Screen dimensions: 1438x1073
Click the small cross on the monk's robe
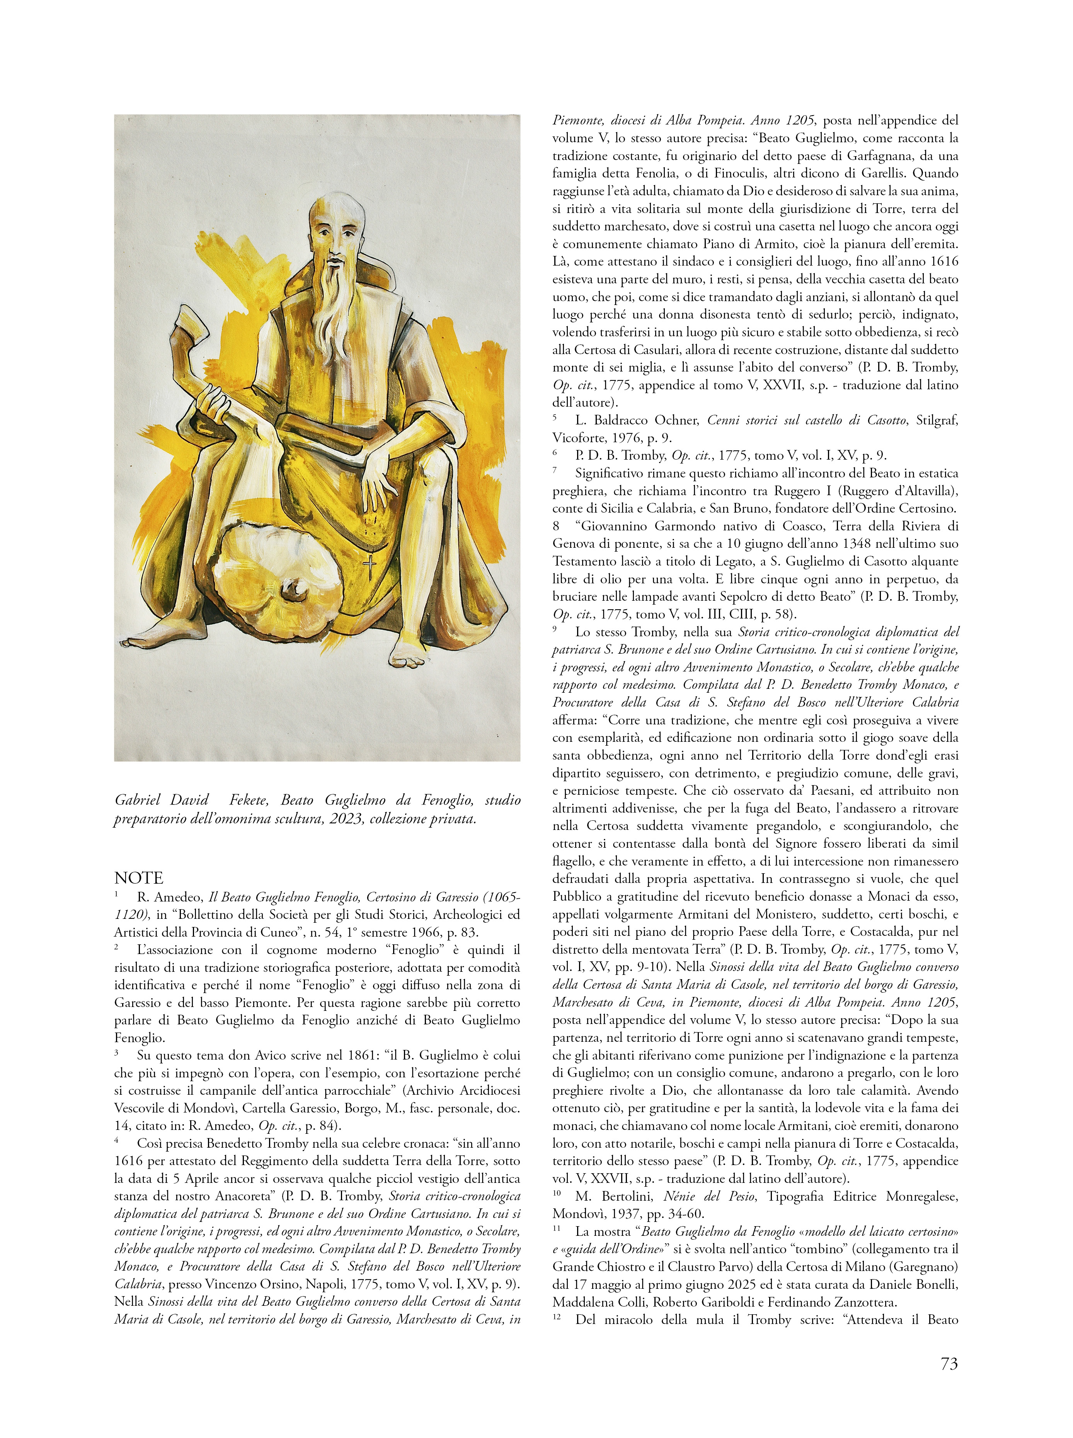tap(369, 567)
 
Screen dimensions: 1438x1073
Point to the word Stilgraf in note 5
tap(937, 420)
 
